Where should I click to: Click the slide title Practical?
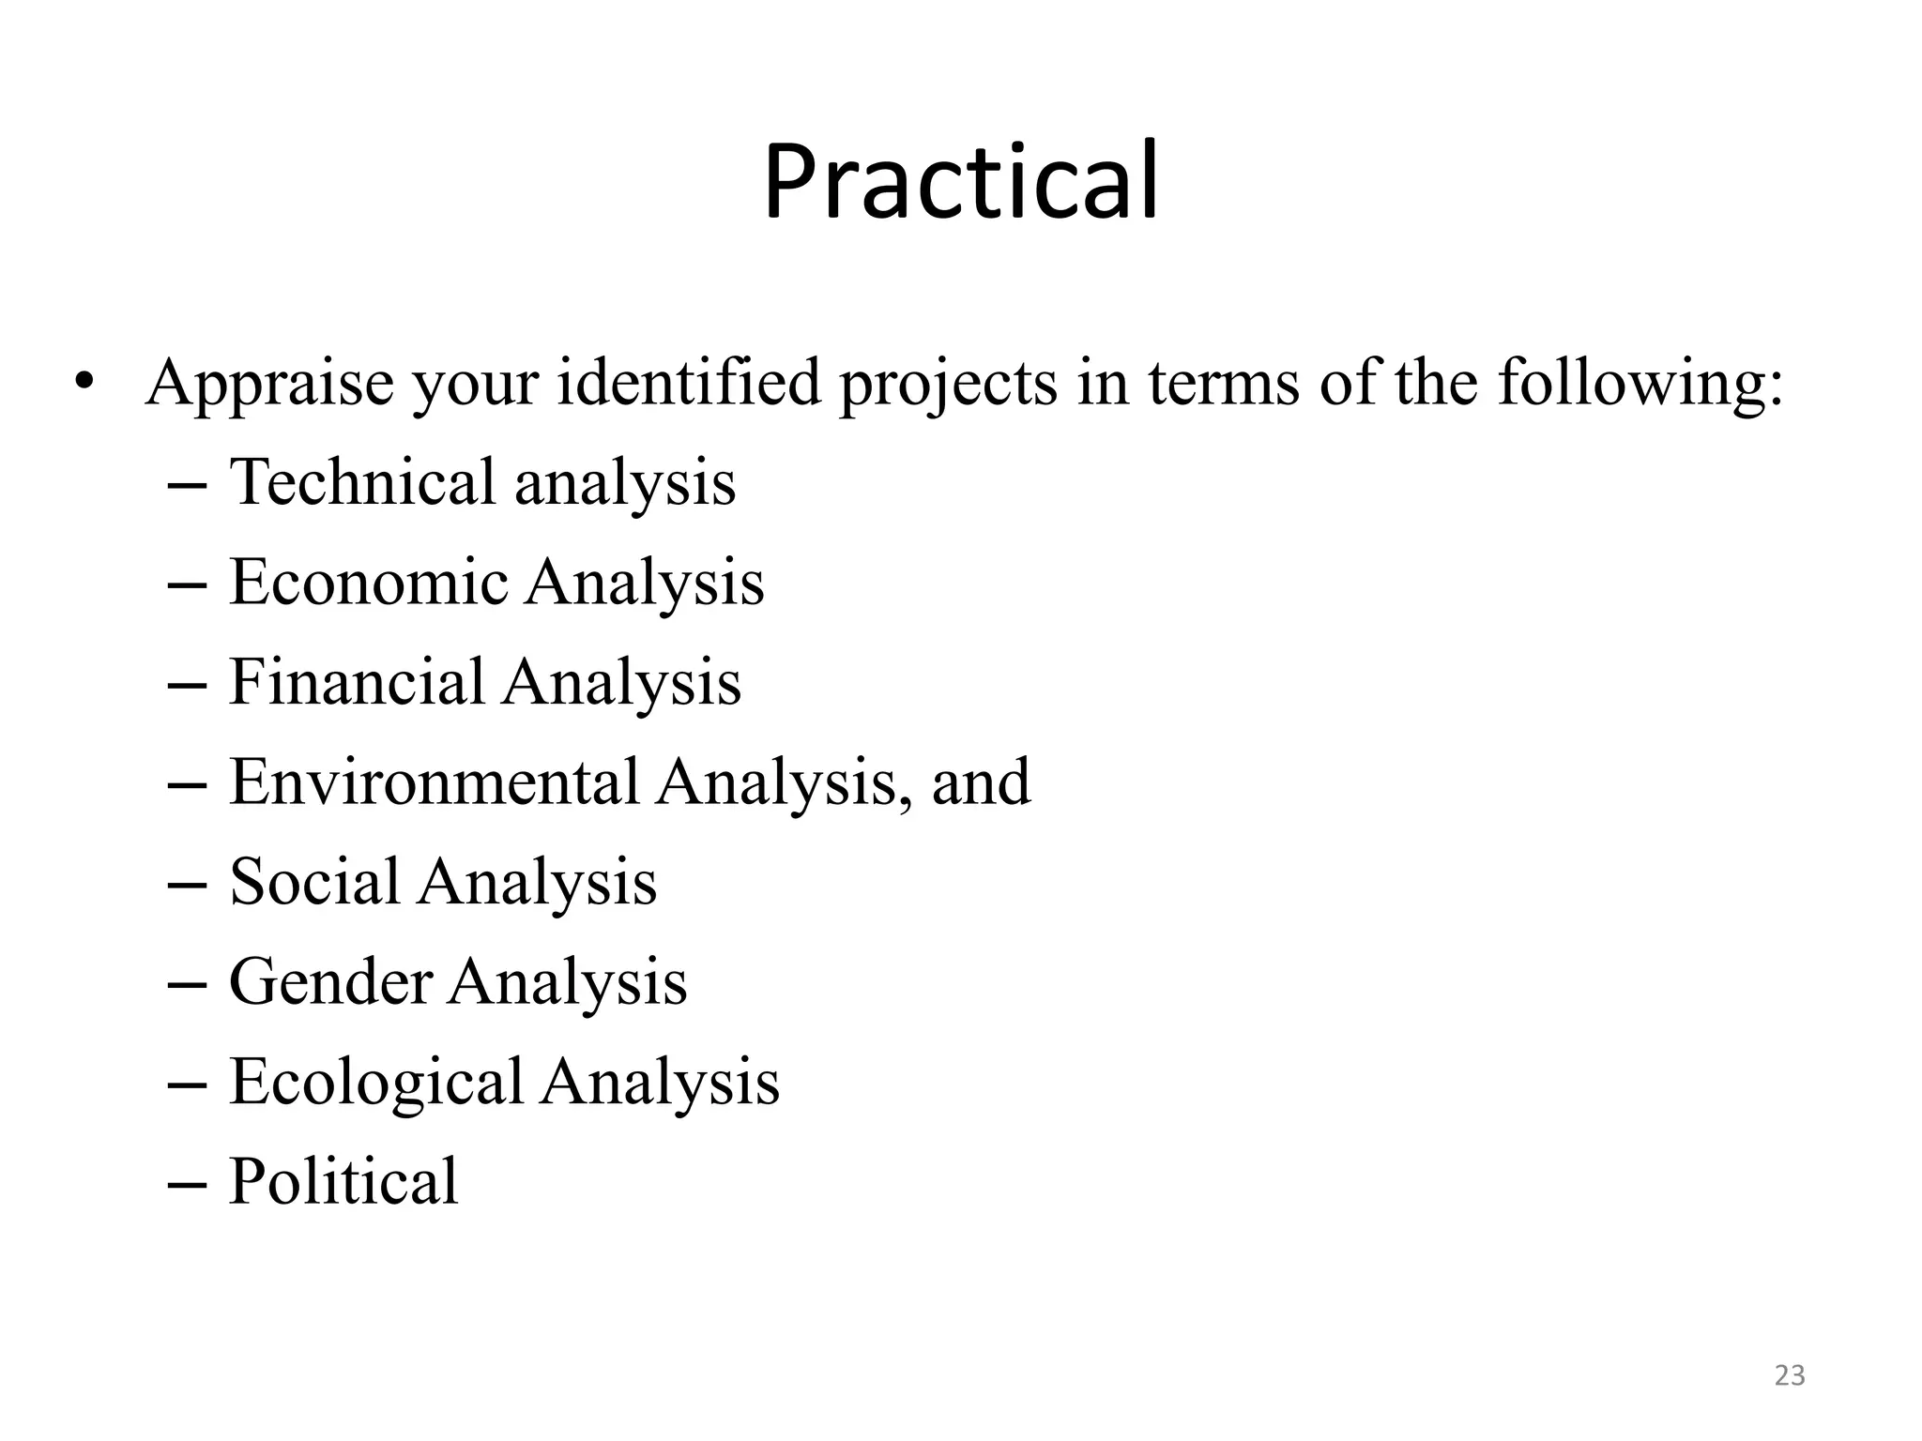(961, 181)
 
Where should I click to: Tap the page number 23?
(1790, 1375)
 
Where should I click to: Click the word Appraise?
(269, 384)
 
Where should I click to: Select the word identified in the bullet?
(689, 384)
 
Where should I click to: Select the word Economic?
(368, 582)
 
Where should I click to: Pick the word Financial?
(357, 681)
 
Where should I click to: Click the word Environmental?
(434, 781)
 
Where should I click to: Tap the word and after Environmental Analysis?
(981, 781)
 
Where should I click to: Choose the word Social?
(314, 882)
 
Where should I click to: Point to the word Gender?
(330, 982)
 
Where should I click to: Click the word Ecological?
(375, 1082)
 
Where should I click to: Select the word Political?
(343, 1181)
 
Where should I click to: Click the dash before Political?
(185, 1184)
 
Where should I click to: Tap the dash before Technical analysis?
(185, 485)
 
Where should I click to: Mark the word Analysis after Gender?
(568, 982)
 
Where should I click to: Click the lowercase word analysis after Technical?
(625, 483)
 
